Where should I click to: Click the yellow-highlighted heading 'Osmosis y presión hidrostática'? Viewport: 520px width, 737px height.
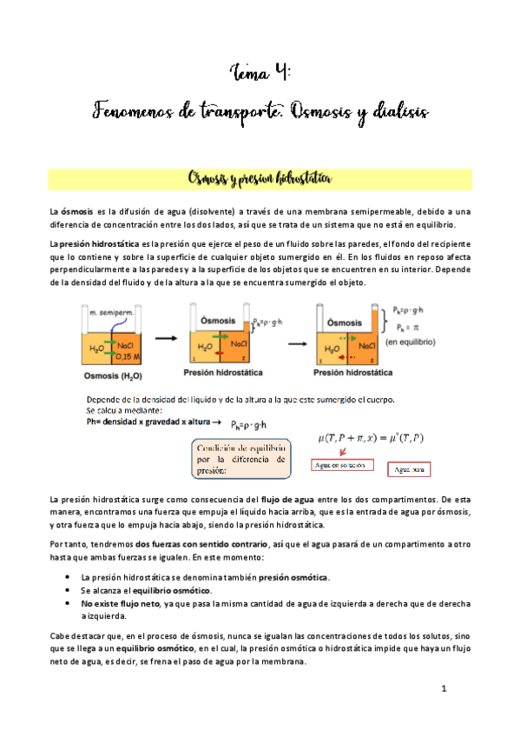click(x=260, y=180)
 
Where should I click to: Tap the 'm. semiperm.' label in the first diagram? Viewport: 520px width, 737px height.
click(x=105, y=310)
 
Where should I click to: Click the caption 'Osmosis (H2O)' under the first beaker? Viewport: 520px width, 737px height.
click(x=107, y=375)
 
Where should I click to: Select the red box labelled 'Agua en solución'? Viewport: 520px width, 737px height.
click(x=339, y=465)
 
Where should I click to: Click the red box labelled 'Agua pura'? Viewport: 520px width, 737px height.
click(x=408, y=470)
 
